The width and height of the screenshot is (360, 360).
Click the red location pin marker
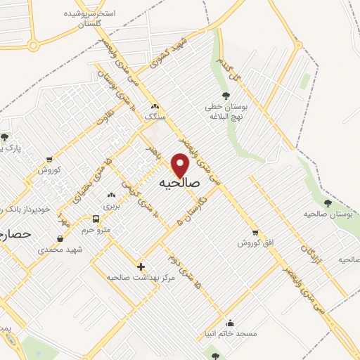point(181,166)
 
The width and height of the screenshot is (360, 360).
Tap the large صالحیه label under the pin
point(180,184)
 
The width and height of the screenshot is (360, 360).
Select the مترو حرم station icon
point(106,218)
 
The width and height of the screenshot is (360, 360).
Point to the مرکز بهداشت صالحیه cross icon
point(141,267)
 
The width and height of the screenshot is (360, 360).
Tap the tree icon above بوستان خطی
point(226,96)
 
